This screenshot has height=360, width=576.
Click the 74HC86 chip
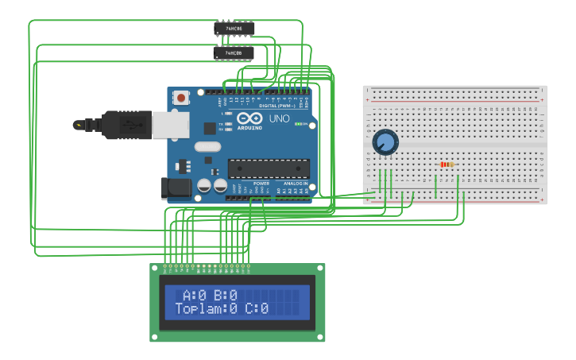(234, 29)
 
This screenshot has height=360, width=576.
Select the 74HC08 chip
(234, 53)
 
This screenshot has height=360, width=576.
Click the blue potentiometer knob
(385, 142)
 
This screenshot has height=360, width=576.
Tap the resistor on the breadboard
(446, 165)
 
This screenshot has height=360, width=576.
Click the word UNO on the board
(279, 118)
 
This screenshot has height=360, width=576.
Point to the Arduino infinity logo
(249, 118)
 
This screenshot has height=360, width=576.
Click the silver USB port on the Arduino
(171, 125)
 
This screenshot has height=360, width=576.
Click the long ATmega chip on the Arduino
(269, 168)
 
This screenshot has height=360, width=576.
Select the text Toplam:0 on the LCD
(206, 308)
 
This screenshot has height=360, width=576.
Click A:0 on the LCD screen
(195, 295)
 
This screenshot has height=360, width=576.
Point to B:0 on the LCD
(226, 295)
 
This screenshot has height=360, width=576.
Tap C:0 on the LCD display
(257, 308)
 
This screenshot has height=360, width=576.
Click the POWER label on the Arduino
(261, 184)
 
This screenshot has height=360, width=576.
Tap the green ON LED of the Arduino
(297, 124)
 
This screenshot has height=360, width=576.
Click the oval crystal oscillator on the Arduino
(206, 146)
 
